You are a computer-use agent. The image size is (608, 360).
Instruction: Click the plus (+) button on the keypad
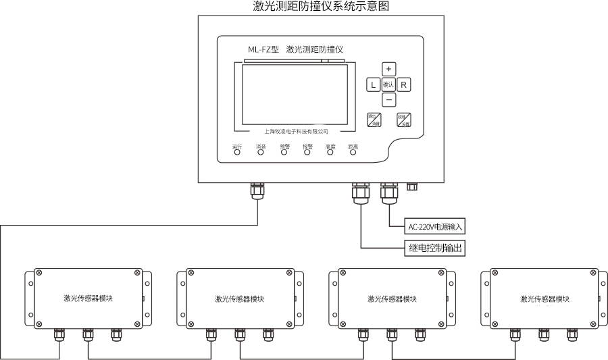388,69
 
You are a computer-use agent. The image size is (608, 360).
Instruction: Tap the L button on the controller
372,84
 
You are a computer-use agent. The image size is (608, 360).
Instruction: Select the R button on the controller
403,84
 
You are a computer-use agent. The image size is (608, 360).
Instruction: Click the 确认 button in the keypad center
388,84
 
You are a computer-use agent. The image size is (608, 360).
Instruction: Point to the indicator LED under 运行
237,152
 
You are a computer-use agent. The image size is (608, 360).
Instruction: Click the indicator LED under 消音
261,152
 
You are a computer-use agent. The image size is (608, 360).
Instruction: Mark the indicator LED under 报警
307,152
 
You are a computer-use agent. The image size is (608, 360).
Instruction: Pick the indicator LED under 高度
330,152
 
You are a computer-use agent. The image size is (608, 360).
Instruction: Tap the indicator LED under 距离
353,152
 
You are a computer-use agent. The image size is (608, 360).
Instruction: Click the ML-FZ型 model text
263,49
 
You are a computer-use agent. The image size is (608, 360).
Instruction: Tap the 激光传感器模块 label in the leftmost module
88,299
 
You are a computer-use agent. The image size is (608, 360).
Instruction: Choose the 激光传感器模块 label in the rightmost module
544,299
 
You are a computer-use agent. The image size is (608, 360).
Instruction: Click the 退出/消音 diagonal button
375,120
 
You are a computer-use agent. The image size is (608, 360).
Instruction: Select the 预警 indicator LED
284,152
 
